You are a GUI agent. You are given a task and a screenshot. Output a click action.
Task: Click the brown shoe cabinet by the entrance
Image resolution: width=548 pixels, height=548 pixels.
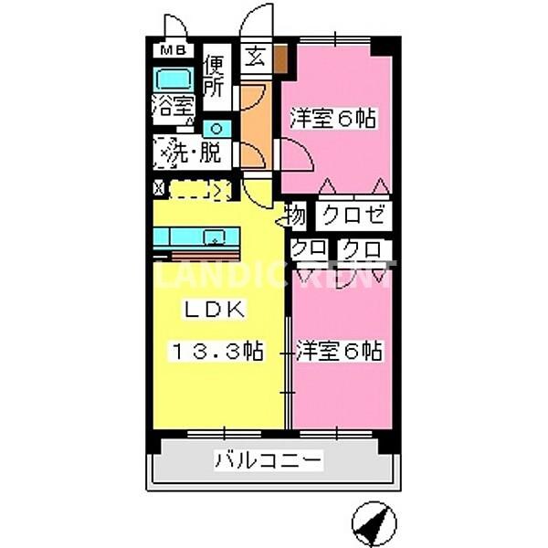click(x=281, y=58)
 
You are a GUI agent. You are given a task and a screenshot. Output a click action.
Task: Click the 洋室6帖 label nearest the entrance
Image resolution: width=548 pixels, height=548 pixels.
click(x=334, y=119)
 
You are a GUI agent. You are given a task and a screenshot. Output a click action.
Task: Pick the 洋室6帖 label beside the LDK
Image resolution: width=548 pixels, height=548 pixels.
click(x=339, y=351)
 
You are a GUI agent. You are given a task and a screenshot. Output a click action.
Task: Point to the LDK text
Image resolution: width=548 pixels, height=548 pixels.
click(x=216, y=311)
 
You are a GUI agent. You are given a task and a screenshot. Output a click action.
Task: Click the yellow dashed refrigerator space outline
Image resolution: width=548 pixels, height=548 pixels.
click(x=199, y=190)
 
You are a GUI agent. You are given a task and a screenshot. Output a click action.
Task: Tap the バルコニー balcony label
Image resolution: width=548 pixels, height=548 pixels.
click(x=269, y=461)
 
